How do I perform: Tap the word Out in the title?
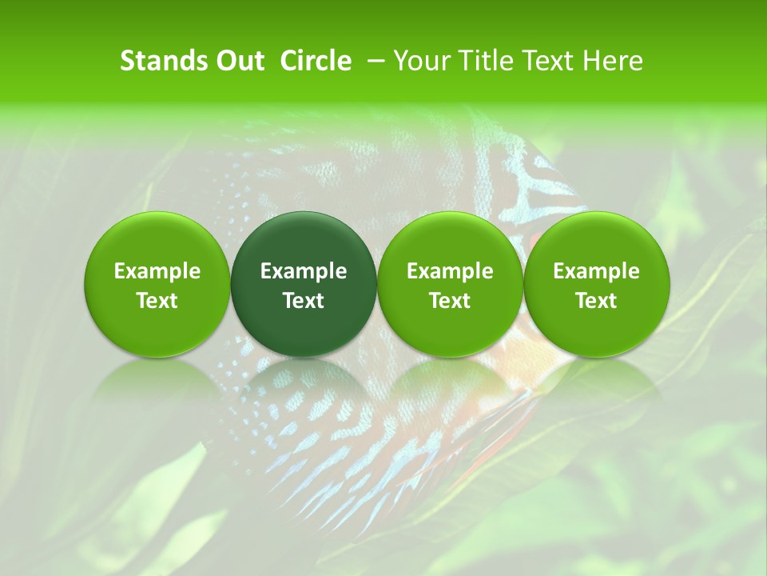click(x=238, y=61)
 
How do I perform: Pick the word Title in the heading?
click(x=482, y=61)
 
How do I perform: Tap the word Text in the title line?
click(x=546, y=61)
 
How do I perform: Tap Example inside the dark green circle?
click(x=304, y=271)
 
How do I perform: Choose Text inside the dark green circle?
click(x=304, y=301)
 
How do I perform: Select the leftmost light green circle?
click(x=157, y=240)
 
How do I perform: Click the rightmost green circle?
click(x=597, y=240)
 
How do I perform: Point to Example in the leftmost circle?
click(x=157, y=271)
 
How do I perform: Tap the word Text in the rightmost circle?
click(x=597, y=301)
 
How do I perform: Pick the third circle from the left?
click(x=450, y=240)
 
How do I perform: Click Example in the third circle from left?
click(x=450, y=271)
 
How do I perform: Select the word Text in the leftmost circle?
click(x=157, y=301)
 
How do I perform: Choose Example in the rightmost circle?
click(x=597, y=271)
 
